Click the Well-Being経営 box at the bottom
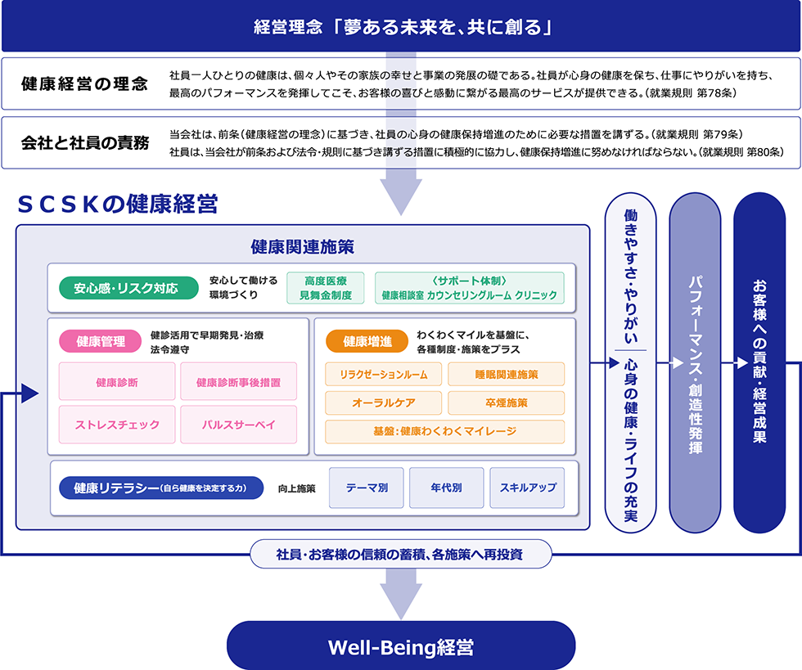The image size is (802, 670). point(401,646)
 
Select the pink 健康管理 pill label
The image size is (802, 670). point(101,342)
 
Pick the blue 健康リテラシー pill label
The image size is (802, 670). point(160,488)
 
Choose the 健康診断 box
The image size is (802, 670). point(117,382)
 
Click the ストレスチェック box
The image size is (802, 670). point(117,425)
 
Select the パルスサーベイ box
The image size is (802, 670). point(239,425)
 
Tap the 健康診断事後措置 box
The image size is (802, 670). point(239,382)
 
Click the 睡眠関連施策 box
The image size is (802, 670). point(506,374)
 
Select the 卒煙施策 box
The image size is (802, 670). point(506,402)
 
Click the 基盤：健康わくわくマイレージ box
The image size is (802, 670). point(444,431)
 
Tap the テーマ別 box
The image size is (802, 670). point(367,488)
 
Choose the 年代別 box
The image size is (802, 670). point(446,488)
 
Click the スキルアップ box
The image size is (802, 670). point(527,488)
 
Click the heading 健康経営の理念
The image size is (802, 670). point(85,83)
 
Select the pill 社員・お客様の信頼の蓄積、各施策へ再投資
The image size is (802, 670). point(401,555)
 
